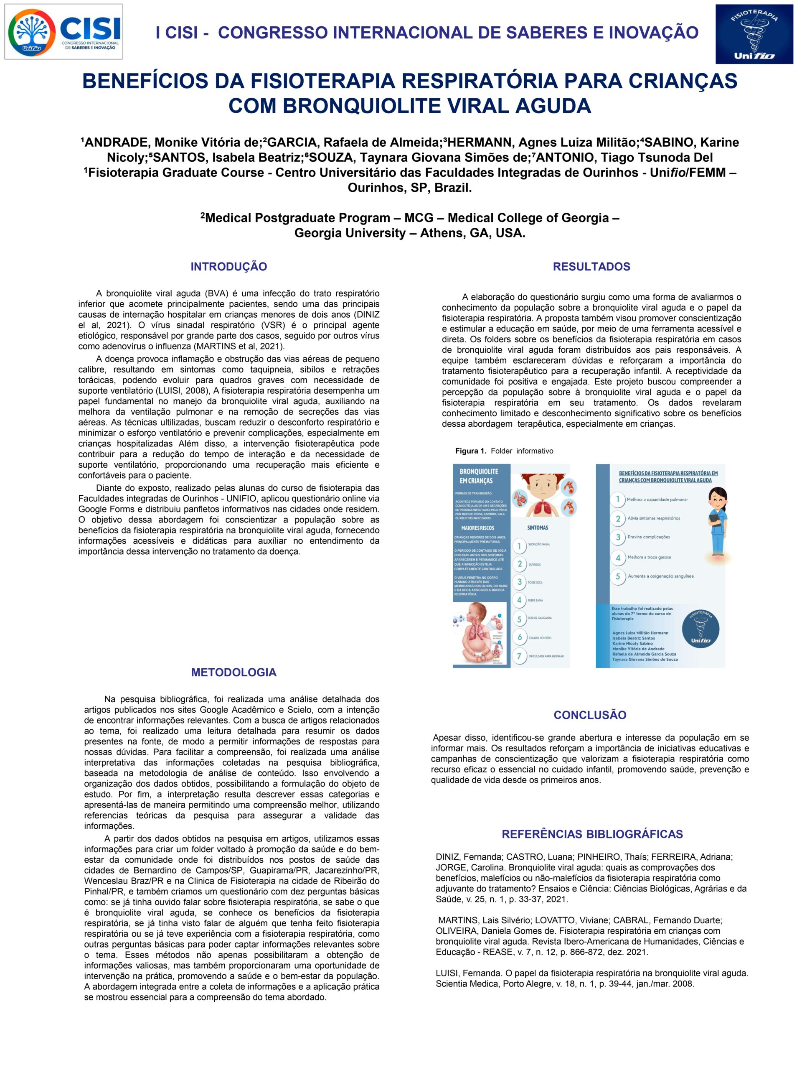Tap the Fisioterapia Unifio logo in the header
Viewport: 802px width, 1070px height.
click(x=754, y=34)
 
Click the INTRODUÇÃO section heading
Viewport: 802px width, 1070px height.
click(x=228, y=267)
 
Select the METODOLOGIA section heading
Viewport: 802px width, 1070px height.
click(x=233, y=673)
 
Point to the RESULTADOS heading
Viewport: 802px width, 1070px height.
click(x=591, y=267)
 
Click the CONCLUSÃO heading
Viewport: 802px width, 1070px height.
click(x=590, y=715)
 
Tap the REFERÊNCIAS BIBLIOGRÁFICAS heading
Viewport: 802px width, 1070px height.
click(x=592, y=834)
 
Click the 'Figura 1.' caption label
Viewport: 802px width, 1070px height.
click(x=470, y=451)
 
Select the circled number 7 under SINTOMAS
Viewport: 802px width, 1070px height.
click(x=520, y=656)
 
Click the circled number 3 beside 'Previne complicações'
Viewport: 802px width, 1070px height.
click(x=618, y=538)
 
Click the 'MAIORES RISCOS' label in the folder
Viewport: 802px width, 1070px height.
click(x=477, y=528)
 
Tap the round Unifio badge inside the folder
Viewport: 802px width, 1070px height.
click(x=700, y=630)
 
